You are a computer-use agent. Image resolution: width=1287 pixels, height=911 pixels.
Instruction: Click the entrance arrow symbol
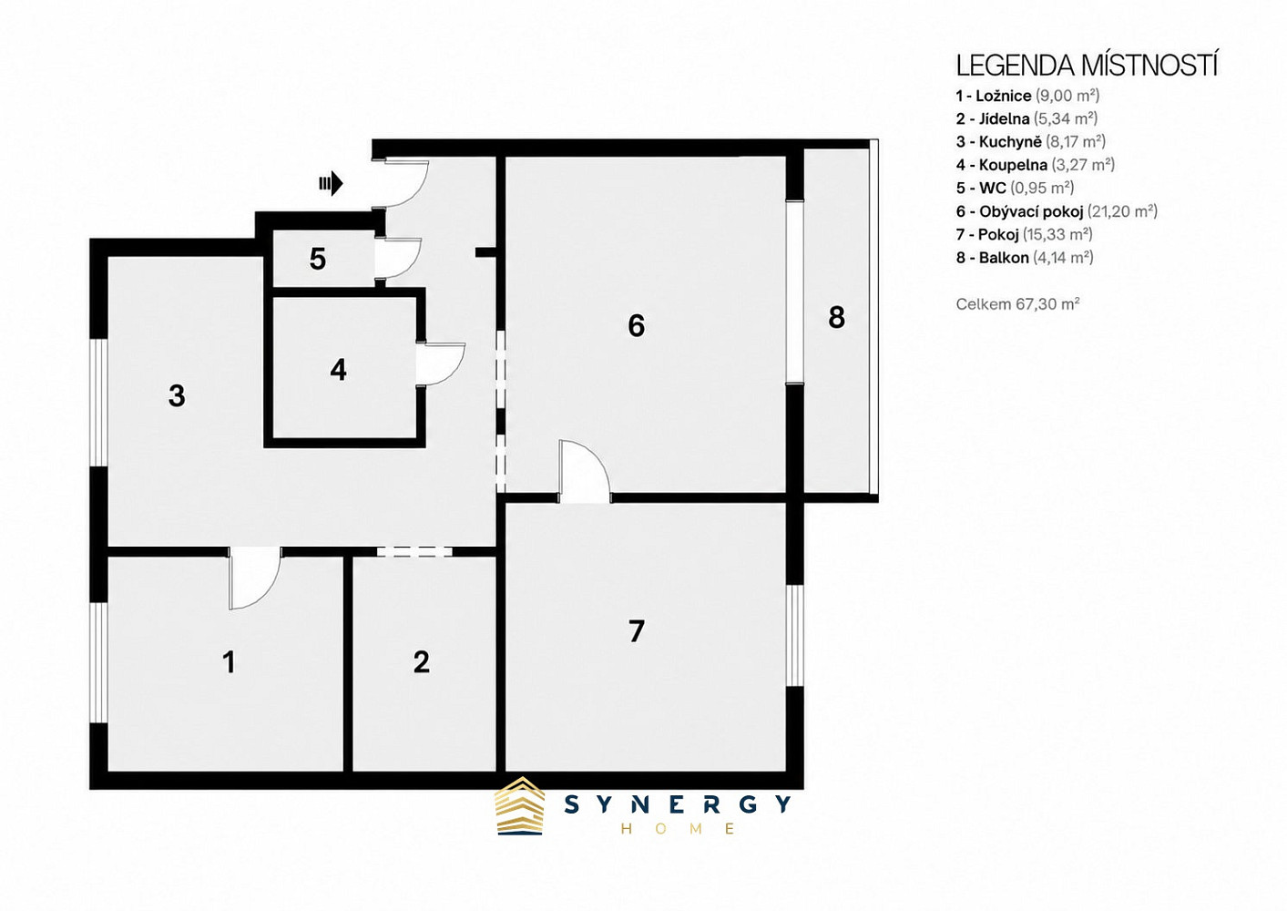click(x=332, y=184)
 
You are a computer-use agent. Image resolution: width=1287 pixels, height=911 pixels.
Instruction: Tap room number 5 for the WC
click(x=318, y=260)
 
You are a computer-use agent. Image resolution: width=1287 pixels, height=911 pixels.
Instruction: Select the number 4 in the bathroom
click(x=339, y=370)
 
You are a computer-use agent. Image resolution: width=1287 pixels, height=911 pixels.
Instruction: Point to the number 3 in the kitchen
click(x=177, y=396)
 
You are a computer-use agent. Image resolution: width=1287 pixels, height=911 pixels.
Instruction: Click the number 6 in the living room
click(x=636, y=325)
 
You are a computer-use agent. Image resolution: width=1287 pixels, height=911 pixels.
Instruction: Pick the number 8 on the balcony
click(x=836, y=317)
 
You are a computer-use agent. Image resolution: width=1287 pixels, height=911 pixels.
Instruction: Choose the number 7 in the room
click(x=636, y=631)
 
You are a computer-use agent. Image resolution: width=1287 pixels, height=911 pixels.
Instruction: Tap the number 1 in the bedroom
click(x=230, y=662)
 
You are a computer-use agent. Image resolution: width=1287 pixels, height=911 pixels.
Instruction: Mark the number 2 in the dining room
click(x=421, y=662)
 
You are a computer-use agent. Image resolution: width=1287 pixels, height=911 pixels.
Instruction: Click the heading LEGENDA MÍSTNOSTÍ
click(x=1087, y=67)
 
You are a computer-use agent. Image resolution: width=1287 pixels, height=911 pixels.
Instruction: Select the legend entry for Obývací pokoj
click(x=1057, y=211)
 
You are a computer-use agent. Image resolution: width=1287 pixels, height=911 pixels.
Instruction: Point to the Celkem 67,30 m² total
click(x=1017, y=303)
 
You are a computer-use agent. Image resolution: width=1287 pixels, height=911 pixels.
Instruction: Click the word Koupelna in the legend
click(x=1013, y=165)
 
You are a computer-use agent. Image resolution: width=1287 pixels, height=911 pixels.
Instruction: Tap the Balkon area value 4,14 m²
click(x=1063, y=258)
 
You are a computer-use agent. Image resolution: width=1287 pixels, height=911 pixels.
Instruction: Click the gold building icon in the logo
click(x=519, y=806)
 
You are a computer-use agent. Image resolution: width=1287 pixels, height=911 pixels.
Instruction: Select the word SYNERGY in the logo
click(x=678, y=804)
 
